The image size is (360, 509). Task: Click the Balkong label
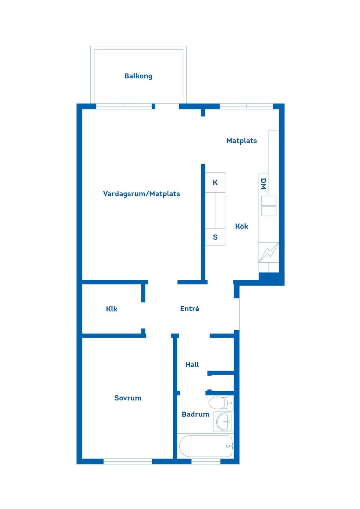coord(138,76)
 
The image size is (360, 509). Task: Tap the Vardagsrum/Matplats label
coord(141,194)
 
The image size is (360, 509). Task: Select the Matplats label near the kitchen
coord(241,141)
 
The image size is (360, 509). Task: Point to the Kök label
coord(241,226)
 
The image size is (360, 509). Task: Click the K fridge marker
coord(215,183)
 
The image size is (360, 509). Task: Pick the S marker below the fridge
coord(215,237)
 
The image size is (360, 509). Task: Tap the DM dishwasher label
coord(263,184)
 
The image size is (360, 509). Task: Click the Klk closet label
coord(111,309)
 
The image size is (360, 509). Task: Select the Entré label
coord(189,309)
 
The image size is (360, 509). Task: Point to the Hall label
coord(192,365)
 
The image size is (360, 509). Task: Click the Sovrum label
coord(127,398)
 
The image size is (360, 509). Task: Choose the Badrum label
coord(195,415)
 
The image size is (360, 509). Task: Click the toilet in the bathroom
coord(220,403)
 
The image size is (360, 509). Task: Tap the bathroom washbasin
coord(224,422)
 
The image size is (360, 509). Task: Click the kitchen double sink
coord(268,206)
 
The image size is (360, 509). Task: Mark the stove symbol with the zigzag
coord(268,253)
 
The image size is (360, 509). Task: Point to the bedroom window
coord(127,461)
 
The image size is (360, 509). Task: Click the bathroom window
coord(206,461)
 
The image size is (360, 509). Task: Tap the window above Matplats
coord(246,106)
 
